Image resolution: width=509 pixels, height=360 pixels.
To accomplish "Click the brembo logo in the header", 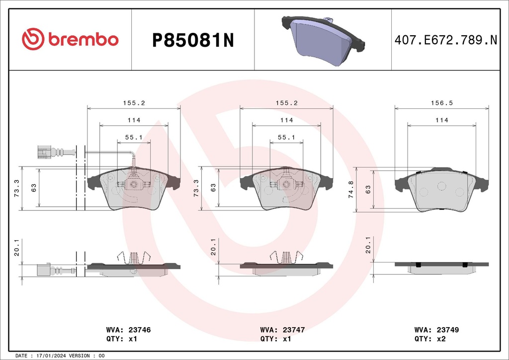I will pos(70,40).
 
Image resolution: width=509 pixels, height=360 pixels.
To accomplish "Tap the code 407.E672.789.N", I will pos(445,40).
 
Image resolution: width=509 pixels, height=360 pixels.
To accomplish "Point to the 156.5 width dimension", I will pos(441,103).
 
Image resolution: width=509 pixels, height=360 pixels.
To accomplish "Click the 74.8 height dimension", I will pos(352,189).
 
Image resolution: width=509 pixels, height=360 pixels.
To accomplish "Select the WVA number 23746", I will pos(140,330).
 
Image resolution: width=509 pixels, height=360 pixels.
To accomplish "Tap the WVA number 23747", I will pos(294,330).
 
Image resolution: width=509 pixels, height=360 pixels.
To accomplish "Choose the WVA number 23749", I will pos(448,330).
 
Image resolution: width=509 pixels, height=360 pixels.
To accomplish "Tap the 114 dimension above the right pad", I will pos(441,120).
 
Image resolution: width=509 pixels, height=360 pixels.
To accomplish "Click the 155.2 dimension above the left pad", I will pos(133,103).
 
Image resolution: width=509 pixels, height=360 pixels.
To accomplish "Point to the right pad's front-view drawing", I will pos(441,190).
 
